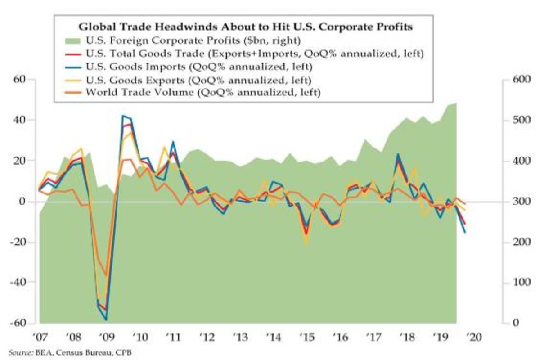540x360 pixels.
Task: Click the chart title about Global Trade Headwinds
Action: coord(246,27)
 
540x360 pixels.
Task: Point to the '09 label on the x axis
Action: coord(106,337)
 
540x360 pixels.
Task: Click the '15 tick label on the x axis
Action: coord(306,337)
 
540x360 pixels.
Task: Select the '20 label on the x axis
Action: coord(474,337)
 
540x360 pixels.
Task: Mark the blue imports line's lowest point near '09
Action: coord(107,320)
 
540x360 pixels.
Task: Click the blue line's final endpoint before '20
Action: coord(465,232)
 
